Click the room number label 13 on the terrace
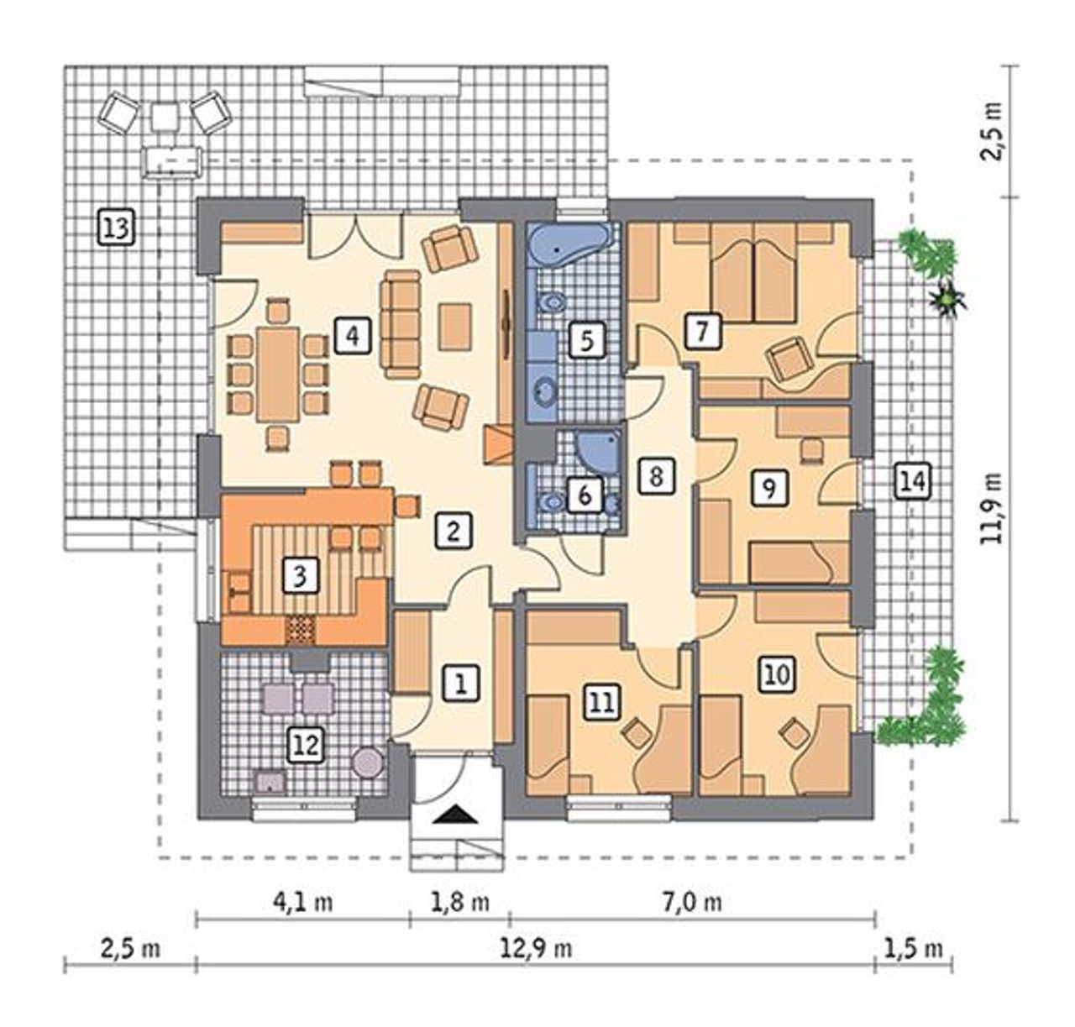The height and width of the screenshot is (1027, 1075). point(118,228)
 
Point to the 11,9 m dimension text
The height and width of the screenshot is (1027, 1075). point(992,508)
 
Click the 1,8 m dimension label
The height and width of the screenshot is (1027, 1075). point(459,903)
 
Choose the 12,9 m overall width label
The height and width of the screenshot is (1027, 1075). point(536,948)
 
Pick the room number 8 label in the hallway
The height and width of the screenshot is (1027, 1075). point(656,475)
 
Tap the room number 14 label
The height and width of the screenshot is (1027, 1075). point(912,482)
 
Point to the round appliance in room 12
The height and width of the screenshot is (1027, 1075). point(367,762)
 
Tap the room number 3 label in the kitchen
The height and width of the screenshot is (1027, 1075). point(300,575)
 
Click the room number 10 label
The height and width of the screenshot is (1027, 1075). point(777,673)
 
